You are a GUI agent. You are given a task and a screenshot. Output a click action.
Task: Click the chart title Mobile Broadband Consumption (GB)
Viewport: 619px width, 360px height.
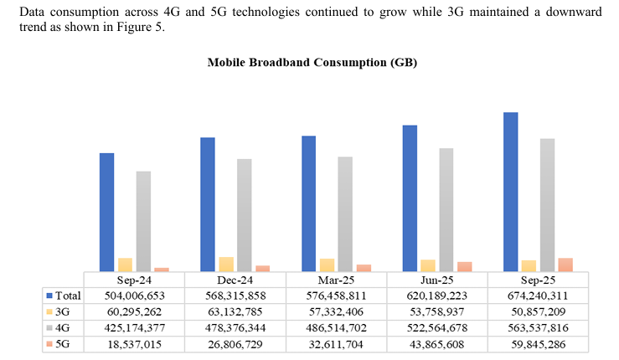(x=312, y=64)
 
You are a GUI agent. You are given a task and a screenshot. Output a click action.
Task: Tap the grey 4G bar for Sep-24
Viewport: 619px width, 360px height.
(x=143, y=221)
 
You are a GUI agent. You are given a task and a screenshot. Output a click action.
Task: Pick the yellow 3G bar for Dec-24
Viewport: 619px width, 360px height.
(x=225, y=264)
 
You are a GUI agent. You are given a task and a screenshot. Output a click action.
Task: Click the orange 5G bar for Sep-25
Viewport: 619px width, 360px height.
(x=565, y=265)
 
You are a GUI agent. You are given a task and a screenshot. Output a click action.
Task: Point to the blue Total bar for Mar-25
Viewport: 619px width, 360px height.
(x=308, y=203)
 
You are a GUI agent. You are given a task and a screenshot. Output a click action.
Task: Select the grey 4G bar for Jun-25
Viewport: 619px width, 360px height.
(x=446, y=209)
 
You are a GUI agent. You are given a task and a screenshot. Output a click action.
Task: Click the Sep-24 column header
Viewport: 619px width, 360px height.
(x=134, y=280)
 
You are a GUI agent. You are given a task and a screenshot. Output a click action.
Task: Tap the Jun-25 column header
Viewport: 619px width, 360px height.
(x=436, y=280)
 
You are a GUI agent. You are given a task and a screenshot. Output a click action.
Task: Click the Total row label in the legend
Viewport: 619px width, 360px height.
(x=68, y=296)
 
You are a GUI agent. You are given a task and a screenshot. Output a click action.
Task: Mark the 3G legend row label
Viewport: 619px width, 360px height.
(x=64, y=311)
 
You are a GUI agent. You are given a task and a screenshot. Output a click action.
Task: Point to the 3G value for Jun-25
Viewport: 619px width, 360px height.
(x=436, y=311)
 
